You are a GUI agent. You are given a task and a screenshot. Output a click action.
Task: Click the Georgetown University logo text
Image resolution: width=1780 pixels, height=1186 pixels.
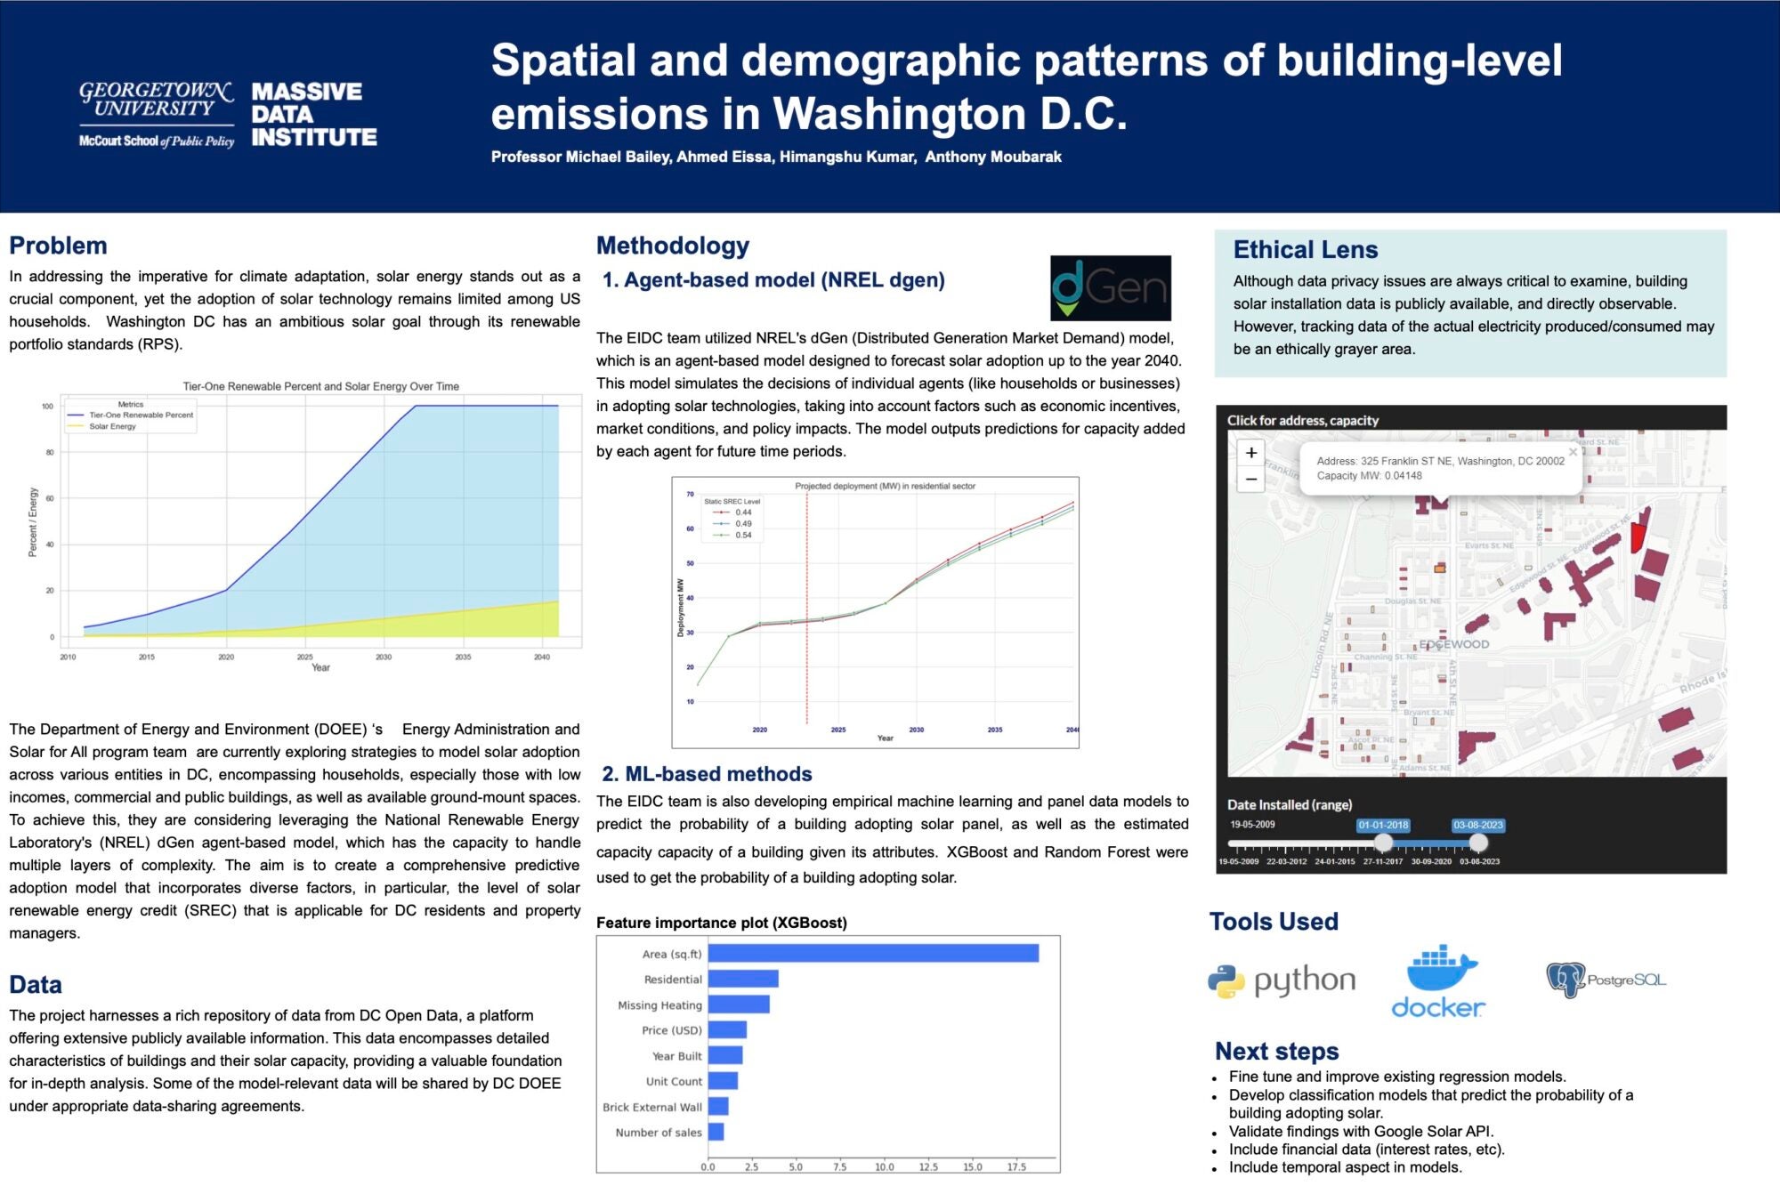pyautogui.click(x=157, y=99)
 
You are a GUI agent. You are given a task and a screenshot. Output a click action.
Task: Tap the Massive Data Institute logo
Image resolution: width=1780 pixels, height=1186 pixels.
pyautogui.click(x=313, y=115)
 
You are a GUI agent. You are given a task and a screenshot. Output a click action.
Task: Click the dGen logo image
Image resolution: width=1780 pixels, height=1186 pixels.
pyautogui.click(x=1111, y=288)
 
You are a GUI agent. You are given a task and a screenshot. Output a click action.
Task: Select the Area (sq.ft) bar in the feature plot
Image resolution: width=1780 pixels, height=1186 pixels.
pyautogui.click(x=873, y=953)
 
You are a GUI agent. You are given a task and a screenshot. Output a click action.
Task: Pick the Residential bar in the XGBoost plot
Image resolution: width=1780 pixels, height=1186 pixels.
pyautogui.click(x=743, y=979)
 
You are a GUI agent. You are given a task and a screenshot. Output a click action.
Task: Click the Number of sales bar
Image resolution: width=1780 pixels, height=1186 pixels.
pyautogui.click(x=716, y=1132)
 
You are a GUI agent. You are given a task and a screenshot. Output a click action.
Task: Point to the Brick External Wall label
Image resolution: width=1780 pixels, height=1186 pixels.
pyautogui.click(x=652, y=1107)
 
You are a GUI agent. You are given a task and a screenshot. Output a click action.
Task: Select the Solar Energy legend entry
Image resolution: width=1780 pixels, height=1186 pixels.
pyautogui.click(x=112, y=426)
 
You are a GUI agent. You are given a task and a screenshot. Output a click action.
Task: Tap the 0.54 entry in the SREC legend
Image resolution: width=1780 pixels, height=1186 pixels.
pyautogui.click(x=743, y=535)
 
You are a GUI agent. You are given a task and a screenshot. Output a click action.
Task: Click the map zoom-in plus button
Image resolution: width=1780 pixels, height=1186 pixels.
pyautogui.click(x=1251, y=453)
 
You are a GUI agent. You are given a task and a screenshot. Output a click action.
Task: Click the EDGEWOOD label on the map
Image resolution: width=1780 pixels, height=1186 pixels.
pyautogui.click(x=1453, y=644)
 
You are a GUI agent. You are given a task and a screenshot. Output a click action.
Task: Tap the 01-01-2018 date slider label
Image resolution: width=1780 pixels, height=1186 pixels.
pyautogui.click(x=1383, y=825)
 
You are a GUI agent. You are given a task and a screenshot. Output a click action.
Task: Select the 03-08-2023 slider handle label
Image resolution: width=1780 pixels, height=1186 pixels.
pyautogui.click(x=1478, y=825)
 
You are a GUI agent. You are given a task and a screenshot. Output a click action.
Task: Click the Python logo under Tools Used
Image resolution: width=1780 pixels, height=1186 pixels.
pyautogui.click(x=1282, y=980)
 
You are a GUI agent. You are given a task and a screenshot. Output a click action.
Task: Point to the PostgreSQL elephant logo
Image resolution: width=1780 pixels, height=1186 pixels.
pyautogui.click(x=1566, y=980)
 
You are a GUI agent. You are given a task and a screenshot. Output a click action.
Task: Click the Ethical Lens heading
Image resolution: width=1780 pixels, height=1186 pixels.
pyautogui.click(x=1306, y=250)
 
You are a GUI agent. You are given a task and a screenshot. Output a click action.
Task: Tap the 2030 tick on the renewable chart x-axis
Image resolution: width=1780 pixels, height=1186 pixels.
pyautogui.click(x=384, y=657)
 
